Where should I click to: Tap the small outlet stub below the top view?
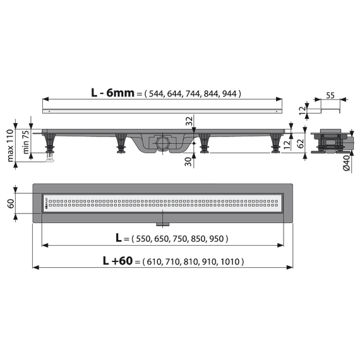click(163, 222)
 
